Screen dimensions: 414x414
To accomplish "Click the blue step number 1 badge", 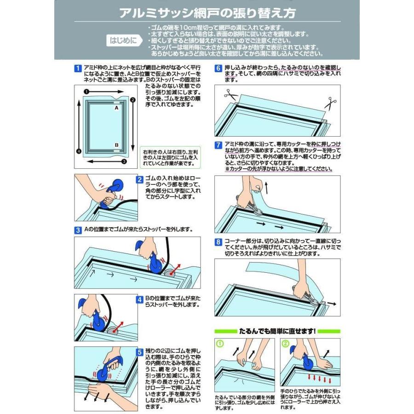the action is point(78,69).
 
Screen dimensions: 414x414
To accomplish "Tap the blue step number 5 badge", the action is point(140,352).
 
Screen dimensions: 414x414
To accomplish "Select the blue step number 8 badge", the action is point(218,242).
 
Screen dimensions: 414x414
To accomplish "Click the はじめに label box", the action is point(124,40).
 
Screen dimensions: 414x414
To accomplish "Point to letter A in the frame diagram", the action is point(116,108).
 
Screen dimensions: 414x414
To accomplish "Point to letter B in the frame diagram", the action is point(116,145).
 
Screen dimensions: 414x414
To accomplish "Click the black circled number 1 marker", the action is point(86,92).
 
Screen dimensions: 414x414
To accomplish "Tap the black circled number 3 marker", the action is point(124,161).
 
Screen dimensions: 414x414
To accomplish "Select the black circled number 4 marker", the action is point(79,151).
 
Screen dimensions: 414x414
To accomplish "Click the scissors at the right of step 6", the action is point(330,103).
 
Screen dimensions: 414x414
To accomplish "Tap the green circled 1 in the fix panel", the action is point(220,344).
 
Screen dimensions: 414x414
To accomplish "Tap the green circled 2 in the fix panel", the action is point(285,344).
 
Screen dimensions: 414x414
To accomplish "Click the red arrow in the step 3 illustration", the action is point(176,269).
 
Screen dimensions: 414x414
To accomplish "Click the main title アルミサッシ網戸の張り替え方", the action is point(207,13).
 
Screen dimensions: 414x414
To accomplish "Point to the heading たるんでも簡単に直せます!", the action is point(277,331).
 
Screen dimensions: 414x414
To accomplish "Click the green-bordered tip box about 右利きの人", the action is point(170,158).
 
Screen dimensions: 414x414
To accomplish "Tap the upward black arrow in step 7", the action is point(266,188).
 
